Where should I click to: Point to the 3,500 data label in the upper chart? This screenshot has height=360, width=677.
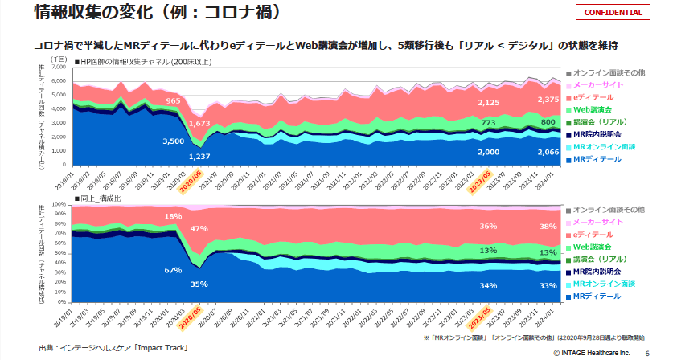(x=173, y=141)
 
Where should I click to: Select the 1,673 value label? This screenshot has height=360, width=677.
(x=199, y=125)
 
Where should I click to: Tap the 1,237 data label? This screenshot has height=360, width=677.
(x=199, y=156)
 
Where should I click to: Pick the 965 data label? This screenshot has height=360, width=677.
(x=173, y=101)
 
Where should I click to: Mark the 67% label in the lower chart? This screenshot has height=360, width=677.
(x=173, y=270)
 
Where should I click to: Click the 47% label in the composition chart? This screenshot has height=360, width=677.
(x=199, y=229)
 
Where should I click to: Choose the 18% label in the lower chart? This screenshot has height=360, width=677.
(x=173, y=217)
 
